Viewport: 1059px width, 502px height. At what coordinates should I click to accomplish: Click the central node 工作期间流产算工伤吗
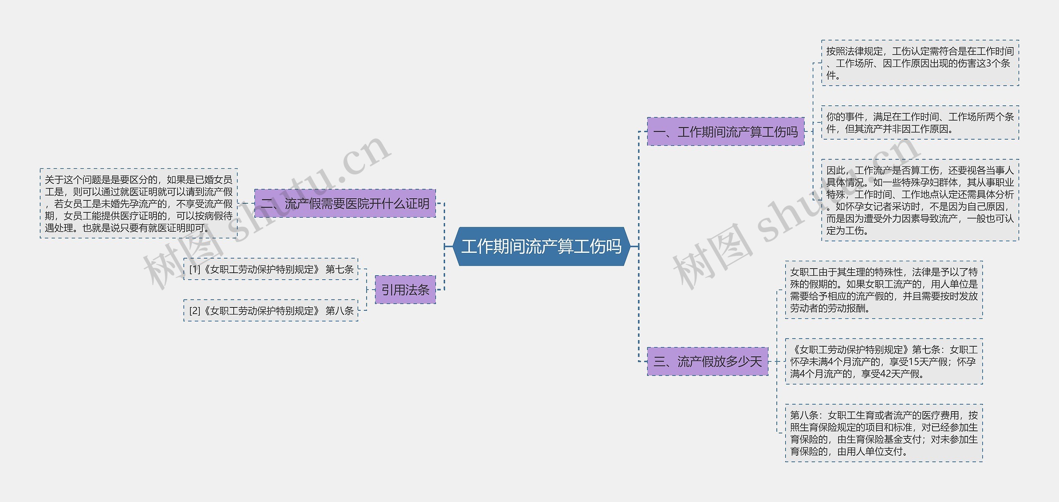(x=541, y=246)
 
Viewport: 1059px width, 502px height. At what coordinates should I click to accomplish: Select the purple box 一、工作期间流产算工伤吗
(x=725, y=132)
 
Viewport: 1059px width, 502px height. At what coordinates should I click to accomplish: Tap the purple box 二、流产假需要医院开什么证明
(x=345, y=203)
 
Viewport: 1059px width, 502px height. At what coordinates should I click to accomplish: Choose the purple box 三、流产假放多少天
(x=707, y=362)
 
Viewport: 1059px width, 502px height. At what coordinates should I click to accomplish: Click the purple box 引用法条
(x=405, y=290)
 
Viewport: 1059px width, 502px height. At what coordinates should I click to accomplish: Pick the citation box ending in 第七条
(x=271, y=269)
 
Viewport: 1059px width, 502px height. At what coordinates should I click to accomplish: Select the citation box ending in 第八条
(x=271, y=311)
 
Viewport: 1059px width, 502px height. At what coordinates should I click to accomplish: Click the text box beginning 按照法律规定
(x=920, y=63)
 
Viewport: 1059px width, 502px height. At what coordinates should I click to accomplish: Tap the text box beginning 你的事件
(x=920, y=123)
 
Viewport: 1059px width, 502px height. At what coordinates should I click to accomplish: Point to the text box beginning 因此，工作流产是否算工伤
(x=920, y=200)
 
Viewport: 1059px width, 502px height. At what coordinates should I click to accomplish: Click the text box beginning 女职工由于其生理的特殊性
(x=884, y=290)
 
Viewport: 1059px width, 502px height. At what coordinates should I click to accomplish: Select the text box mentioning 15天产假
(x=884, y=362)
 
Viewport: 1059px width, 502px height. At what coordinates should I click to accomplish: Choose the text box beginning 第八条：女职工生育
(x=884, y=433)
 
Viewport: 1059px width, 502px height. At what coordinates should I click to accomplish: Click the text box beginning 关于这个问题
(x=139, y=203)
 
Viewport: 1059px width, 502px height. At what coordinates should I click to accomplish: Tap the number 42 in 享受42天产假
(x=886, y=374)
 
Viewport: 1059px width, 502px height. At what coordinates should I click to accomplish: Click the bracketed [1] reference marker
(x=194, y=269)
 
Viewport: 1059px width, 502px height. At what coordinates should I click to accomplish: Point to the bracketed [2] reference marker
(x=194, y=311)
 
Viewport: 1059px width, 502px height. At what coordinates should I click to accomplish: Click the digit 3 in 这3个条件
(x=989, y=63)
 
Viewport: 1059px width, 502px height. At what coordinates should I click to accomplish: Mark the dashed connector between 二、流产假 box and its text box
(x=246, y=203)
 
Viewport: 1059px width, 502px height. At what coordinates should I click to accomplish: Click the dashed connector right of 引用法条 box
(x=441, y=290)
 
